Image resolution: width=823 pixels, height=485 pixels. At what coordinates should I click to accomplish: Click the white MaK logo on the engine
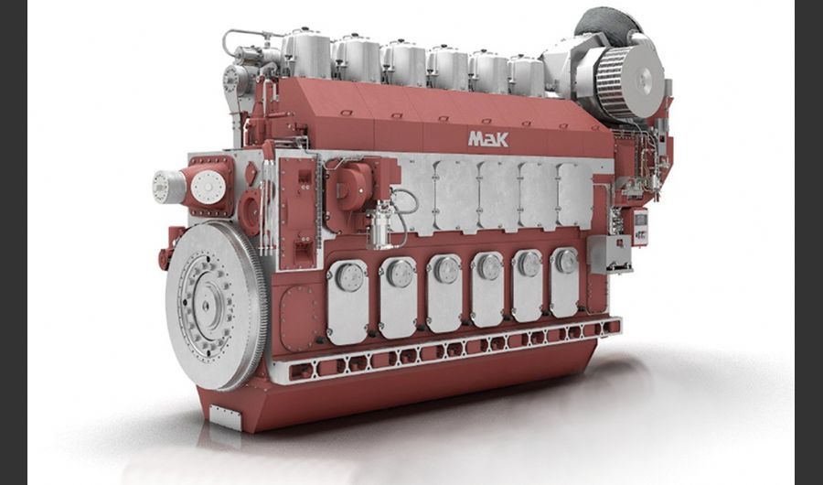pos(488,139)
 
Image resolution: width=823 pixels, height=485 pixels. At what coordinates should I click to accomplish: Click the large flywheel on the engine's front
pos(216,306)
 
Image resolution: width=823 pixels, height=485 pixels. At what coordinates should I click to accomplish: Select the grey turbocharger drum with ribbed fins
pos(630,82)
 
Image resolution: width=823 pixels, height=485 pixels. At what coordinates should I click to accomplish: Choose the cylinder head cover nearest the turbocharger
pos(527,76)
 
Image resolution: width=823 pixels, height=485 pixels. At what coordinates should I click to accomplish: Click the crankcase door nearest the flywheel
pos(347,302)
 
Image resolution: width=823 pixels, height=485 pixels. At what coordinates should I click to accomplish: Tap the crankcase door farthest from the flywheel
pos(564,282)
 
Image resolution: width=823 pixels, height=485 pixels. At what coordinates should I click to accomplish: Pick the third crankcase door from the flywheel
pos(444,293)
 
